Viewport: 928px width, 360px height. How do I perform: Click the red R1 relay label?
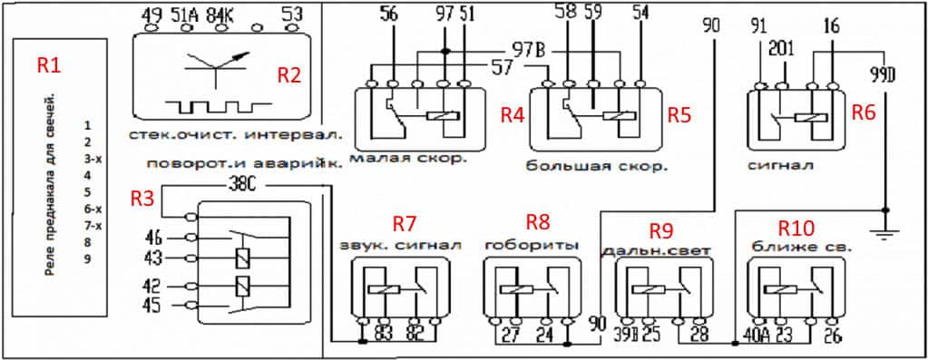coord(48,65)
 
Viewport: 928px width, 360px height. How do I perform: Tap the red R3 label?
coord(142,197)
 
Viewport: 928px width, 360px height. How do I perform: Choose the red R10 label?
coord(797,227)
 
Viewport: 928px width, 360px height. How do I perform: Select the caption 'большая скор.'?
coord(596,167)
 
